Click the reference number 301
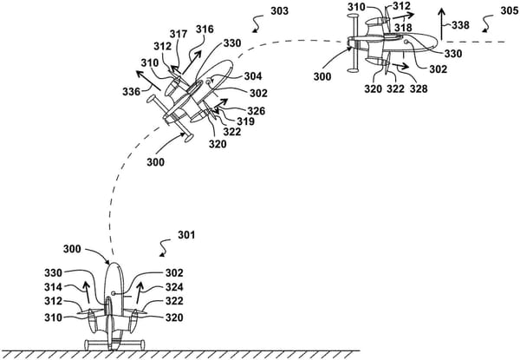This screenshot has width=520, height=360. (x=185, y=234)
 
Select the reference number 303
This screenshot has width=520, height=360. (x=279, y=13)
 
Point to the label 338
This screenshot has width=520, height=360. (x=462, y=26)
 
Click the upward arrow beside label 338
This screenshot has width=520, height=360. (x=441, y=23)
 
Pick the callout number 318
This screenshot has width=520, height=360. (x=403, y=28)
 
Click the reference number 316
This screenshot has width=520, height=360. (x=203, y=29)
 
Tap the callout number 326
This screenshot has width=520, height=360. (x=257, y=110)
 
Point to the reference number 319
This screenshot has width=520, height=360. (x=245, y=122)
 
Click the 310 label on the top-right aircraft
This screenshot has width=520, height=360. (x=355, y=7)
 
